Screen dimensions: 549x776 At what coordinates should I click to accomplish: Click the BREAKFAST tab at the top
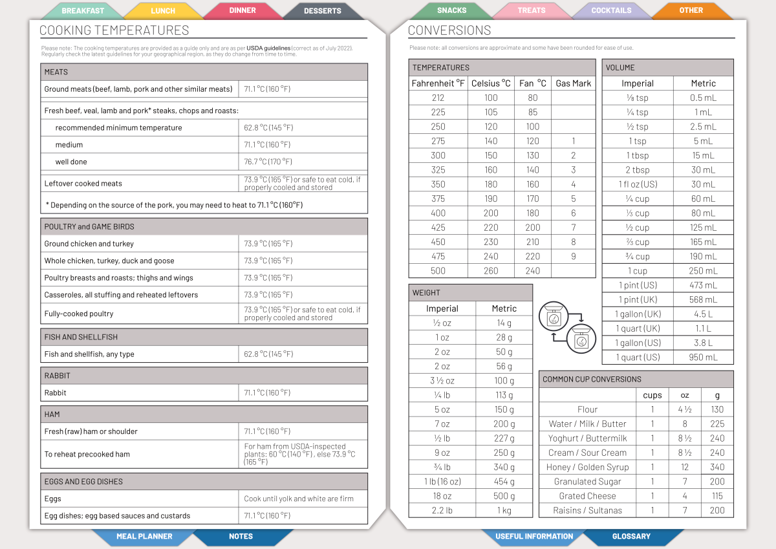tap(83, 11)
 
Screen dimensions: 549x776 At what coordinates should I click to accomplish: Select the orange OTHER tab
tap(691, 10)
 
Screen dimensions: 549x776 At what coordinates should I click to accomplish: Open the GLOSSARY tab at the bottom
tap(631, 536)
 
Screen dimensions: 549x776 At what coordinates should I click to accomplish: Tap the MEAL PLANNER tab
tap(144, 536)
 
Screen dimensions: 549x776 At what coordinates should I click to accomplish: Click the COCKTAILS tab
tap(611, 11)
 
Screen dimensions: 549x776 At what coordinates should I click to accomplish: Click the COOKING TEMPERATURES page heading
tap(114, 30)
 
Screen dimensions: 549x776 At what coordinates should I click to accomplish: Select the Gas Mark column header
tap(573, 83)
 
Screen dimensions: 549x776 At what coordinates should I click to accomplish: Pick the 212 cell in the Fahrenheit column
tap(438, 98)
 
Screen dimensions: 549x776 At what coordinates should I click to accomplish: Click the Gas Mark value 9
tap(573, 256)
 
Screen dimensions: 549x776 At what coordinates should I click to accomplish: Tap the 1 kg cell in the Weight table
tap(504, 510)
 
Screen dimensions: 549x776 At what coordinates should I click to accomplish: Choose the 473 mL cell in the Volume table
tap(703, 285)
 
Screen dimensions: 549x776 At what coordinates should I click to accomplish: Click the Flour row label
tap(587, 409)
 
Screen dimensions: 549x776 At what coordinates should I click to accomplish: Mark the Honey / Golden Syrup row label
tap(587, 467)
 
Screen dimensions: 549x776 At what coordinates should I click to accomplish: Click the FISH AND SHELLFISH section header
tap(81, 337)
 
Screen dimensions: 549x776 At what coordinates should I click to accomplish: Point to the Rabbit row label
tap(55, 393)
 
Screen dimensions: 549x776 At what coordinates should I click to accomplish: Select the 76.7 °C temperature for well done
tap(268, 162)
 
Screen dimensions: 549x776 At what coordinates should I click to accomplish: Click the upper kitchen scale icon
tap(555, 317)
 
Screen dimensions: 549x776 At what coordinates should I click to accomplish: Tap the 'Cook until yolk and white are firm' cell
tap(298, 499)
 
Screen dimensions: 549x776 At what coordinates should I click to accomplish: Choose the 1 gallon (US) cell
tap(638, 343)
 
